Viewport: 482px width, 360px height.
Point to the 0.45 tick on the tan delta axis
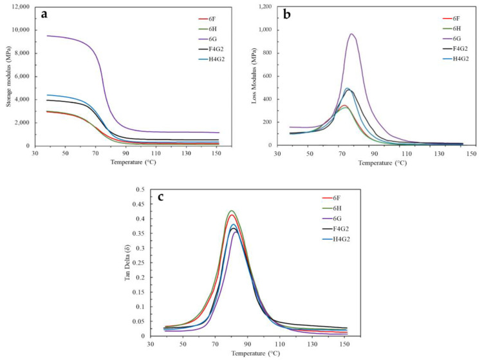coord(136,204)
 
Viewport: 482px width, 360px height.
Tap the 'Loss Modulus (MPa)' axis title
coord(256,76)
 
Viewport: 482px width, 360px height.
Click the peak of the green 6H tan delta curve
coord(232,211)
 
